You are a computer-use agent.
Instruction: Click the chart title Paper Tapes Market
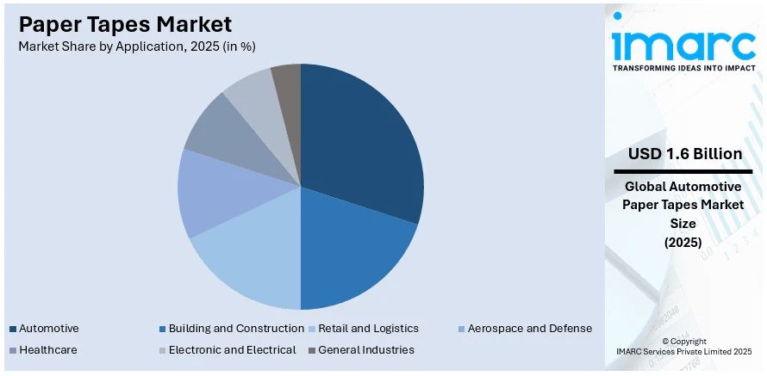(125, 23)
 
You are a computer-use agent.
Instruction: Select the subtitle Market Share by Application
(137, 46)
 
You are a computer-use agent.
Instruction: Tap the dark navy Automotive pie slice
(362, 138)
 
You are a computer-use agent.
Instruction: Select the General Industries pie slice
(287, 78)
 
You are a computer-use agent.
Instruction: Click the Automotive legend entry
(48, 329)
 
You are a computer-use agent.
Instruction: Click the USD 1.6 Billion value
(685, 154)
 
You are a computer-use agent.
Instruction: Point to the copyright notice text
(684, 347)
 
